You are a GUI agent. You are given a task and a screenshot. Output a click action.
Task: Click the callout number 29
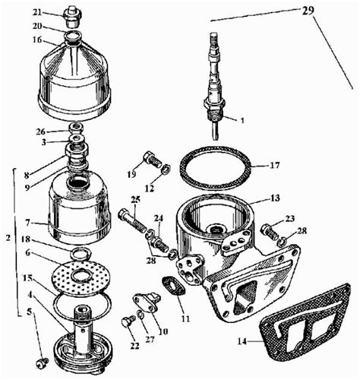click(308, 11)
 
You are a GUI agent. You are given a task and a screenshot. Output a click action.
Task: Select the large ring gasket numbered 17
click(216, 168)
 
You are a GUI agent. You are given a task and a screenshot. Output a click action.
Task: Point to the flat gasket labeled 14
click(305, 321)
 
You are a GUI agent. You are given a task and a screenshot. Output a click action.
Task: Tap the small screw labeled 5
click(42, 363)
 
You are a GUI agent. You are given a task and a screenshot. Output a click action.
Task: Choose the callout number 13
click(274, 198)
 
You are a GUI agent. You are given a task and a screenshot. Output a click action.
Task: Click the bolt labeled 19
click(152, 159)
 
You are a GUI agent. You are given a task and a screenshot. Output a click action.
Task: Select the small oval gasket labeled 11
click(174, 286)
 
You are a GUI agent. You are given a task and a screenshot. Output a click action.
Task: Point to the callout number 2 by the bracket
click(8, 238)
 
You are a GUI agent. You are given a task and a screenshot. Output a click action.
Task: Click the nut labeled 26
click(77, 127)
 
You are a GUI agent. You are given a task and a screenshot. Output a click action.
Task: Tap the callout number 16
click(37, 40)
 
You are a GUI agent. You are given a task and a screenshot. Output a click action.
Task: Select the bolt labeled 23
click(270, 232)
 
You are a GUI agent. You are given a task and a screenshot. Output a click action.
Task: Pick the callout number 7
click(27, 223)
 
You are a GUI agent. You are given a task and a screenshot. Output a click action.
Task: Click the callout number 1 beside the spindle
click(242, 120)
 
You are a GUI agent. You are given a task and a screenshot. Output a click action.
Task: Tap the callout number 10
click(163, 331)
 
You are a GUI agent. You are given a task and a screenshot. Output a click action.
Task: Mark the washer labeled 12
click(166, 169)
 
